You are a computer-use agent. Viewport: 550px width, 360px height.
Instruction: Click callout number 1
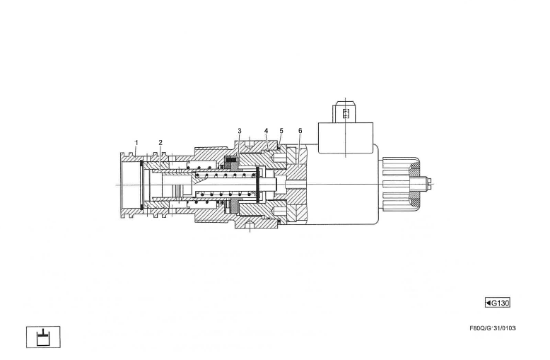click(x=136, y=142)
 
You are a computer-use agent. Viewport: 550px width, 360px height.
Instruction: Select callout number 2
click(x=160, y=142)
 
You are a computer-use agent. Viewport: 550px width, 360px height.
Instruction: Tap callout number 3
click(x=240, y=131)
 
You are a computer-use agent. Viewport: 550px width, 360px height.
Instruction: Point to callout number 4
click(x=266, y=131)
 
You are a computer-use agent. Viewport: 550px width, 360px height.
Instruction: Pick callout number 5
click(x=281, y=131)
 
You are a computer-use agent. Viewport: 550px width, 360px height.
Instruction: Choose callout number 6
click(x=300, y=131)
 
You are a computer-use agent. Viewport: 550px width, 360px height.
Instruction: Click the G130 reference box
click(x=498, y=303)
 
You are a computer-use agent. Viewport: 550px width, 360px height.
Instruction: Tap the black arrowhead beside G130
click(x=488, y=303)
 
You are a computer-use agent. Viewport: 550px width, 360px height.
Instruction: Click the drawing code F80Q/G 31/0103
click(x=493, y=328)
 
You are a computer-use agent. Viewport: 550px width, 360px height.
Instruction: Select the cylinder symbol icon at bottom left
click(x=43, y=337)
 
